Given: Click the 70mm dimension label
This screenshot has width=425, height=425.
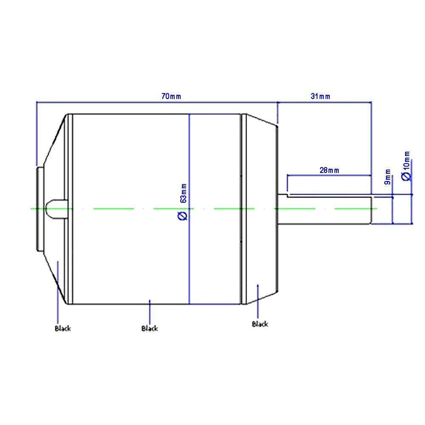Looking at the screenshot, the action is (171, 96).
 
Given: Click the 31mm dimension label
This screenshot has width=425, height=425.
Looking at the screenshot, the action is (320, 96).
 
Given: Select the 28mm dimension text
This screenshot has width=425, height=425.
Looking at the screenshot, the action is (329, 170).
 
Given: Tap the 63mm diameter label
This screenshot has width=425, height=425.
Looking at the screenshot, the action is (183, 193).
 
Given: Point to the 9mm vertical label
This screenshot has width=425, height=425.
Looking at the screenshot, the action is (388, 177).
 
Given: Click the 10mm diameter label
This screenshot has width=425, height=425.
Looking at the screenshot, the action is (407, 161).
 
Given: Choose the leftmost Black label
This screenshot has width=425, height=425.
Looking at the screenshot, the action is (62, 329).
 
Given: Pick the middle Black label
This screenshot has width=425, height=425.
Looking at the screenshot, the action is (150, 329).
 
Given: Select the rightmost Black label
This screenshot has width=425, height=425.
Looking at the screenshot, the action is (260, 324).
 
